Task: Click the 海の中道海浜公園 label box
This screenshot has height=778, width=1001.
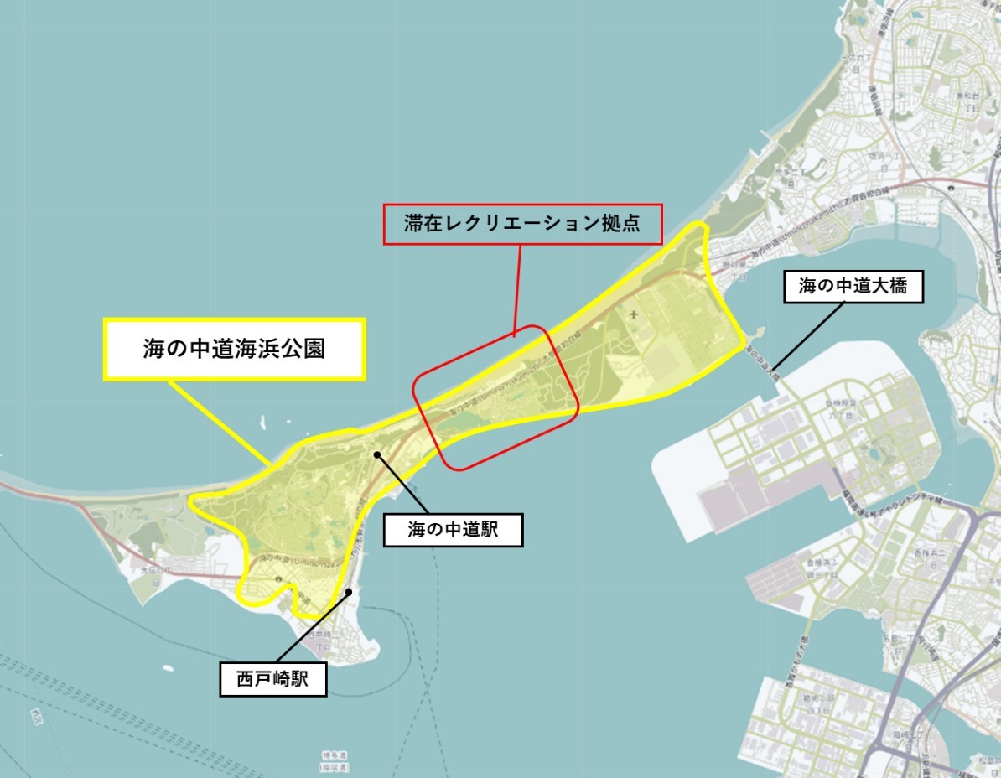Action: tap(234, 349)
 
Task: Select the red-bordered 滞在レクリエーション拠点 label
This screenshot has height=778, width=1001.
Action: tap(523, 224)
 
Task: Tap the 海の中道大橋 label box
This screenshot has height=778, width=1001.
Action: tap(854, 287)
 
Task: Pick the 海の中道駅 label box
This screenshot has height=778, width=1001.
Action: tap(453, 531)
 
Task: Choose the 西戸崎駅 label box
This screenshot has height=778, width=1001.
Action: tap(272, 679)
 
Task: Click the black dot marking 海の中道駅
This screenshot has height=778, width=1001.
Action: tap(377, 454)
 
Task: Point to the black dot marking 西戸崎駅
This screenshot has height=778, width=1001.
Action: tap(350, 592)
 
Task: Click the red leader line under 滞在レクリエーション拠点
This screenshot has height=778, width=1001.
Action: tap(518, 289)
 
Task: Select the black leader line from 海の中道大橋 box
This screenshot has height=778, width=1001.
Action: tap(809, 336)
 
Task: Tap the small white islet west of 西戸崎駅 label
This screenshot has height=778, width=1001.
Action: tap(168, 670)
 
